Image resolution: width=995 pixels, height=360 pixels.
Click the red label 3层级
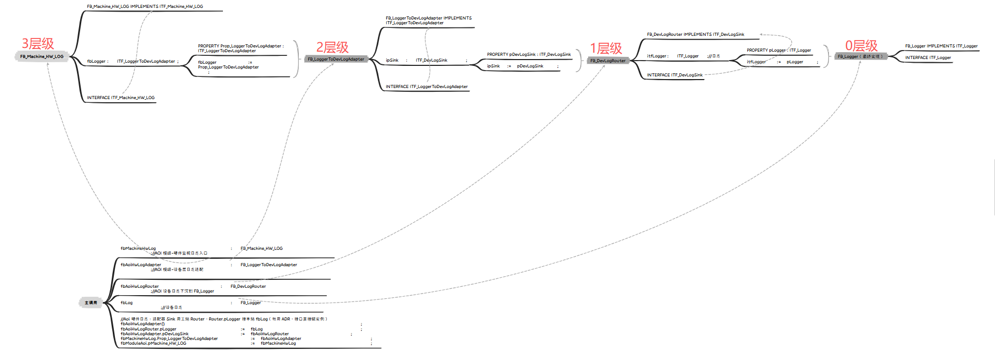pyautogui.click(x=38, y=44)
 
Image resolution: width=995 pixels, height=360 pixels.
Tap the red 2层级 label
pyautogui.click(x=333, y=47)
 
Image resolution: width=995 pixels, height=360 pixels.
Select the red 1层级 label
pyautogui.click(x=606, y=48)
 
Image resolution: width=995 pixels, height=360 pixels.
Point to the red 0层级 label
pyautogui.click(x=861, y=46)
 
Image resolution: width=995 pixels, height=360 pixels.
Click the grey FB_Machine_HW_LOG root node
pyautogui.click(x=42, y=56)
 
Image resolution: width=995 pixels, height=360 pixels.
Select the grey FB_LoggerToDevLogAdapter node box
pyautogui.click(x=336, y=59)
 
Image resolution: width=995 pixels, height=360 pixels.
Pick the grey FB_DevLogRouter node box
pyautogui.click(x=608, y=61)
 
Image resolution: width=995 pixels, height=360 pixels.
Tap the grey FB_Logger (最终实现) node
pyautogui.click(x=861, y=56)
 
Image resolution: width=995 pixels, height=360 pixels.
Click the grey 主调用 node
pyautogui.click(x=91, y=303)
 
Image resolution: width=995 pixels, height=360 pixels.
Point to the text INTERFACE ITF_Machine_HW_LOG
pyautogui.click(x=121, y=98)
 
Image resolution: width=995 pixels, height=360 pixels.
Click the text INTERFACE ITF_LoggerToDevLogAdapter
pyautogui.click(x=426, y=86)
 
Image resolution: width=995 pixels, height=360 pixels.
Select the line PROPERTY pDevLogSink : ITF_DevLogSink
pyautogui.click(x=529, y=54)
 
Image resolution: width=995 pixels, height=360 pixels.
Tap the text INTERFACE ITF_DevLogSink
pyautogui.click(x=675, y=75)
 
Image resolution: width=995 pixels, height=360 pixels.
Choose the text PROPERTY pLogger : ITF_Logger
pyautogui.click(x=778, y=50)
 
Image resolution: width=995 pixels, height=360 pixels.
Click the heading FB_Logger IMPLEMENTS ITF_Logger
pyautogui.click(x=941, y=46)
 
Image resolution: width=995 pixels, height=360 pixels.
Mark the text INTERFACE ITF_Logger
pyautogui.click(x=928, y=57)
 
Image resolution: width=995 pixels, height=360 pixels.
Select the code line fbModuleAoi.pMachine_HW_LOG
pyautogui.click(x=153, y=343)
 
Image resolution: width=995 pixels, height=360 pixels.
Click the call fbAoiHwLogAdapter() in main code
pyautogui.click(x=142, y=324)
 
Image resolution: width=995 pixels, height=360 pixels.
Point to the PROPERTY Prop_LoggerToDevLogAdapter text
pyautogui.click(x=240, y=46)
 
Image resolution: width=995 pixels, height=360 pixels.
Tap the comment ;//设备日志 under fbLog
pyautogui.click(x=171, y=307)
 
